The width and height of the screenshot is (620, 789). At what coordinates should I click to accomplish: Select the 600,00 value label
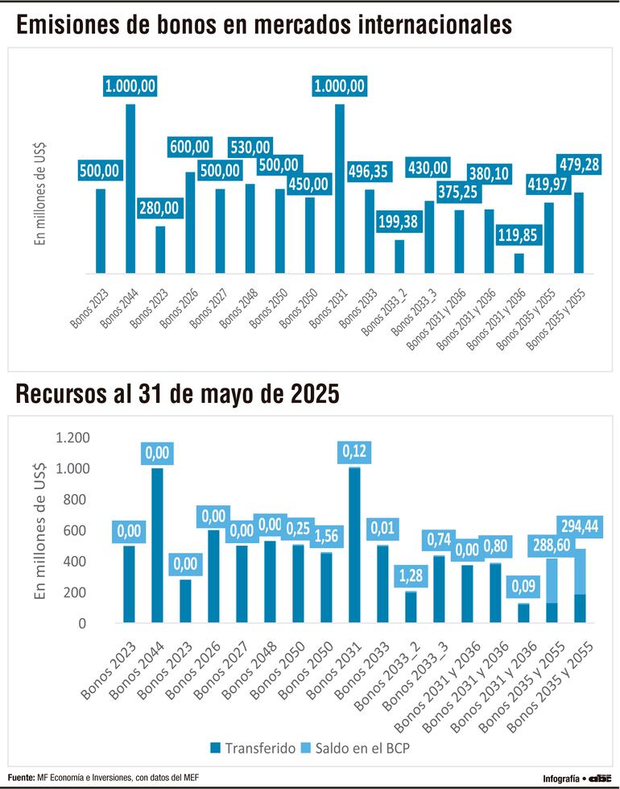pos(190,147)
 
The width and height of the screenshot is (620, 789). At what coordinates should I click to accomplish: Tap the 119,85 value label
pos(519,235)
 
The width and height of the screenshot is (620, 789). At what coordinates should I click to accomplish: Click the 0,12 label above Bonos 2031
pos(354,451)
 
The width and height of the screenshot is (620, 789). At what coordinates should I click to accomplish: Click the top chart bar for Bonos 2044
pos(130,189)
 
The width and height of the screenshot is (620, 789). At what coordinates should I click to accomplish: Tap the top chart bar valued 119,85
pos(519,264)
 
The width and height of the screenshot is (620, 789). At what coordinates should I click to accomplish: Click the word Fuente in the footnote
pos(23,777)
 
